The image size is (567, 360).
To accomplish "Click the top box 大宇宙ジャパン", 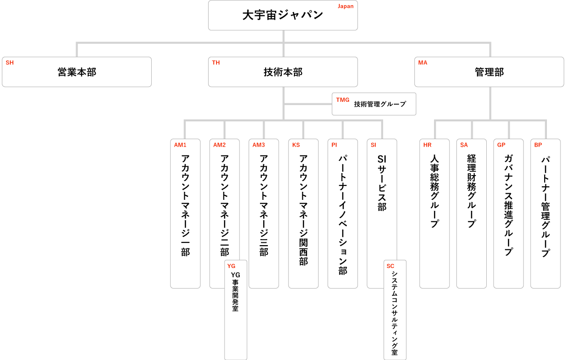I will pyautogui.click(x=283, y=15).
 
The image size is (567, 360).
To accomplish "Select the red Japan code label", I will pyautogui.click(x=345, y=7).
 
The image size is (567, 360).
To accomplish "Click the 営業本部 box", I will pyautogui.click(x=77, y=72).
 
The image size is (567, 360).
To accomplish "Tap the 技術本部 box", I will pyautogui.click(x=283, y=72).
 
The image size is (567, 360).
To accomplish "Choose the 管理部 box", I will pyautogui.click(x=489, y=72).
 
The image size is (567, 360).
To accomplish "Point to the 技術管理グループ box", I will pyautogui.click(x=373, y=104).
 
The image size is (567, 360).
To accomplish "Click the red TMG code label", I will pyautogui.click(x=343, y=100).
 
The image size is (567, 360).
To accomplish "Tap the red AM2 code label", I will pyautogui.click(x=219, y=145).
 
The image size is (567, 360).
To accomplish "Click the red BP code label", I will pyautogui.click(x=538, y=145).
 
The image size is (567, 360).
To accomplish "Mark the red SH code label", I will pyautogui.click(x=10, y=63).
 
